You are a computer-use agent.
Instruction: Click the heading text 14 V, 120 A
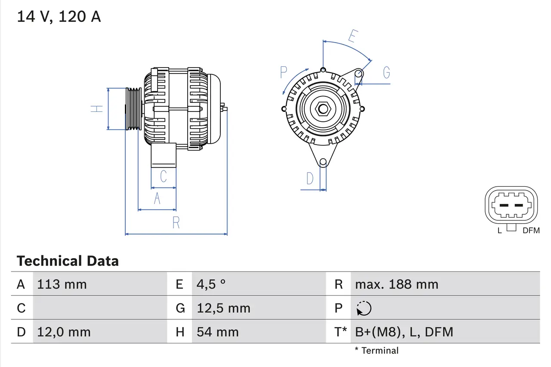click(59, 17)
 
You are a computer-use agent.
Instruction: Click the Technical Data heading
click(68, 261)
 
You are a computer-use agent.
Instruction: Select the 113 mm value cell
click(62, 284)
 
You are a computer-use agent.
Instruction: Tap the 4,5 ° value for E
click(211, 284)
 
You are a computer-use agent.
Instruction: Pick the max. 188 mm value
click(396, 284)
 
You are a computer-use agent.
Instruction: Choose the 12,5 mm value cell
click(223, 308)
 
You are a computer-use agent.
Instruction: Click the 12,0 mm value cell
click(64, 332)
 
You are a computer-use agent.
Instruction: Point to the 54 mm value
click(217, 332)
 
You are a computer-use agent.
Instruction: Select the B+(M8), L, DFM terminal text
click(404, 332)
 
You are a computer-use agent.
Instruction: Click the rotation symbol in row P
click(364, 308)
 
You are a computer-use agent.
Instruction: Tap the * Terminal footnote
click(377, 351)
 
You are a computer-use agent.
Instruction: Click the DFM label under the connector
click(531, 231)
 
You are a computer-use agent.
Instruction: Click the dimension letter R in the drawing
click(176, 223)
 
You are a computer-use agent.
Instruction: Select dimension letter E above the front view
click(352, 37)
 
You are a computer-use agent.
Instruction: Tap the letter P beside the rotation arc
click(283, 72)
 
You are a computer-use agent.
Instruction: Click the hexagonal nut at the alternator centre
click(323, 108)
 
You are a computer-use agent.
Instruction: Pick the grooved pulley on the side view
click(133, 108)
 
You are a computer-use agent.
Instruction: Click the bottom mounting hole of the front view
click(323, 162)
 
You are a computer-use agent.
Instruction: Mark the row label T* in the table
click(341, 332)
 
